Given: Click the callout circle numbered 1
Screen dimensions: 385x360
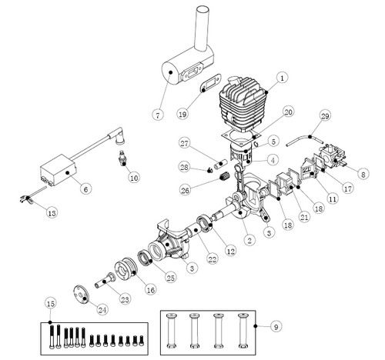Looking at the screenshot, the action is point(282,78).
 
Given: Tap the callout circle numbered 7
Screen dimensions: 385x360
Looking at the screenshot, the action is point(158,115).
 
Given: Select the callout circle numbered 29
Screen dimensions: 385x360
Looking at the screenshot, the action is point(325,116).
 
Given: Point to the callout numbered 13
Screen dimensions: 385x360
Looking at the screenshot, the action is point(52,212).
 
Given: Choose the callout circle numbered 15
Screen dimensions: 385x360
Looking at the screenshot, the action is point(51,304).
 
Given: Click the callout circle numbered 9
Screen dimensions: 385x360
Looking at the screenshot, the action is point(276,327).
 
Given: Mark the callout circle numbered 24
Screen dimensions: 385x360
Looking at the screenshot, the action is point(102,310).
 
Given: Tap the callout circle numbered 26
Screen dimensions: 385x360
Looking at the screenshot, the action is point(185,190).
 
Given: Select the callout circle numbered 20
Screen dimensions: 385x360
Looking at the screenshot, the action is point(289,112).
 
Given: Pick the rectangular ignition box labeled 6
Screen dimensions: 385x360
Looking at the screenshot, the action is point(59,170).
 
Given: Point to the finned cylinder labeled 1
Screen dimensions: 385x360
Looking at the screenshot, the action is point(243,102).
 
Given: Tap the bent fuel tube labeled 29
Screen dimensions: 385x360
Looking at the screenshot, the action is point(305,139).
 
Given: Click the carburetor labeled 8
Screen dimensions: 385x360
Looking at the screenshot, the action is point(333,156).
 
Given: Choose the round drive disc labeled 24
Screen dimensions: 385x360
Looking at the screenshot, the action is point(81,294).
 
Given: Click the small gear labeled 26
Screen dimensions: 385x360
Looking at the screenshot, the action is point(225,176).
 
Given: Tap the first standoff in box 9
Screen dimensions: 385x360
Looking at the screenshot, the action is point(172,330).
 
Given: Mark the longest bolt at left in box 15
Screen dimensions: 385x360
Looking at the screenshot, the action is point(52,337).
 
